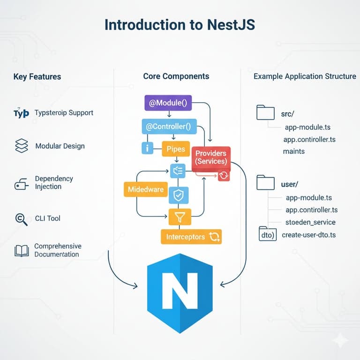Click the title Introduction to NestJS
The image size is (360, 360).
click(x=180, y=24)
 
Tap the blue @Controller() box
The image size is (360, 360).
click(x=169, y=126)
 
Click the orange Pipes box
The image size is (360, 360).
click(x=176, y=149)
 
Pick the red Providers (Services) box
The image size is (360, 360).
click(x=211, y=157)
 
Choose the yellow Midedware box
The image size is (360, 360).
click(x=145, y=189)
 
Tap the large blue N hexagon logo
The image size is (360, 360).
click(x=180, y=293)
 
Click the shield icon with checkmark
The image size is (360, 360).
click(x=178, y=195)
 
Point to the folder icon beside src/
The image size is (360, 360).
click(x=265, y=112)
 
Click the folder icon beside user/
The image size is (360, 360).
click(x=265, y=182)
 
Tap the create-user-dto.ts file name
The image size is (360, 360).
click(x=308, y=234)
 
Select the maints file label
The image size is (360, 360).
click(x=293, y=151)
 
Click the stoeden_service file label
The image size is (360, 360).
click(x=310, y=222)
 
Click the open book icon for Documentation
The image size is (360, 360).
click(x=22, y=251)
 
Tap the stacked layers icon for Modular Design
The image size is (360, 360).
click(x=22, y=146)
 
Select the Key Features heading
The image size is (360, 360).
click(x=37, y=76)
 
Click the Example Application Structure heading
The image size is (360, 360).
click(x=305, y=76)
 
